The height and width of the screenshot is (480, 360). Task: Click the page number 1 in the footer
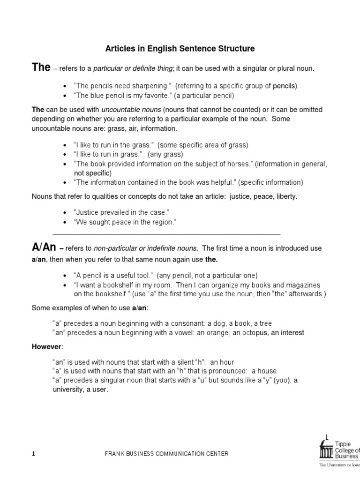(33, 454)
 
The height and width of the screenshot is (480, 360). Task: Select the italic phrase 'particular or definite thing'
(133, 69)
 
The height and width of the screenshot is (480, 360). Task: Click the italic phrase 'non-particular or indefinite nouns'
(146, 248)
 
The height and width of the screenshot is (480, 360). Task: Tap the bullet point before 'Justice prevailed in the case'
(64, 213)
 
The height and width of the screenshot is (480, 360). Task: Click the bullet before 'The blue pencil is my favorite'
(64, 96)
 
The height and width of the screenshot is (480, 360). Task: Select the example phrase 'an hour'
(222, 362)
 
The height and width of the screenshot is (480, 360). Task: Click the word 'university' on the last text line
(68, 389)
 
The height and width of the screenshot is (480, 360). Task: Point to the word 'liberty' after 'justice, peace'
(285, 196)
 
